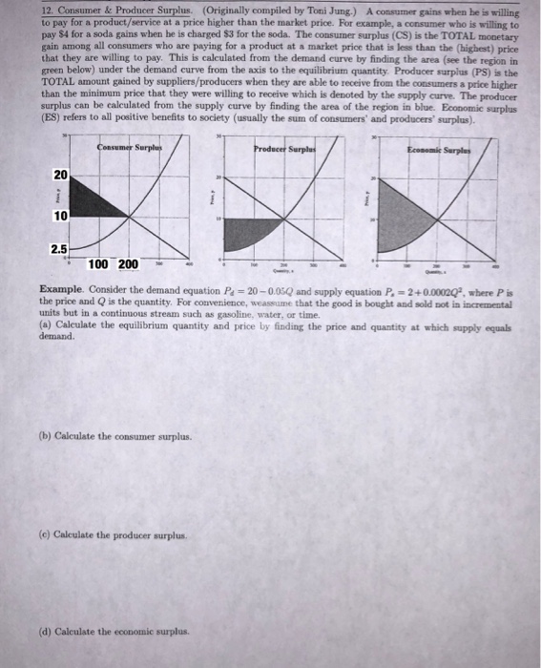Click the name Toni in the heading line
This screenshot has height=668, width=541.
pyautogui.click(x=245, y=8)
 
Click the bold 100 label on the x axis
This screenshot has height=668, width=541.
pyautogui.click(x=98, y=264)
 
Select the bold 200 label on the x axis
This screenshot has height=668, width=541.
pyautogui.click(x=128, y=264)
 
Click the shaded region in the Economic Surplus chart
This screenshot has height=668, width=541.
pyautogui.click(x=401, y=223)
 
